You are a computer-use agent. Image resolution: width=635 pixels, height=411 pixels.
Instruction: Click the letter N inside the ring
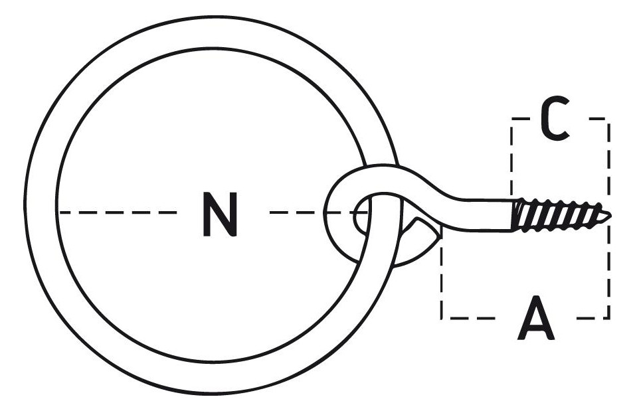[x=219, y=214]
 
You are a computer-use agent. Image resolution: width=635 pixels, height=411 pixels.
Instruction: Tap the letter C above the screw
[x=555, y=118]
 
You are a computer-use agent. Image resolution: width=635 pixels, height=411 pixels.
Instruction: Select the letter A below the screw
[x=536, y=317]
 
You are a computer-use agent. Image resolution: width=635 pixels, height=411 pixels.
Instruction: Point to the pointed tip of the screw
[x=610, y=215]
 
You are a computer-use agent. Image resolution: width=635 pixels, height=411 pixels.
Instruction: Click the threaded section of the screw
[x=561, y=215]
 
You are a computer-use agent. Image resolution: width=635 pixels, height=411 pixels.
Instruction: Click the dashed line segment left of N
[x=118, y=212]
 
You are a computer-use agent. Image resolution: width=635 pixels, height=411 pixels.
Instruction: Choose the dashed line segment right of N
[x=319, y=212]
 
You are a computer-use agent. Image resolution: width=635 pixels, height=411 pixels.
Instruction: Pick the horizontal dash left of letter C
[x=520, y=119]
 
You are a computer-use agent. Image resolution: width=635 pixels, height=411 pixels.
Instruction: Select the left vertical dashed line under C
[x=512, y=160]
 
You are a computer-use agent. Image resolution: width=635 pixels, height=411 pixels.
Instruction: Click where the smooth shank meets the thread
[x=513, y=215]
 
